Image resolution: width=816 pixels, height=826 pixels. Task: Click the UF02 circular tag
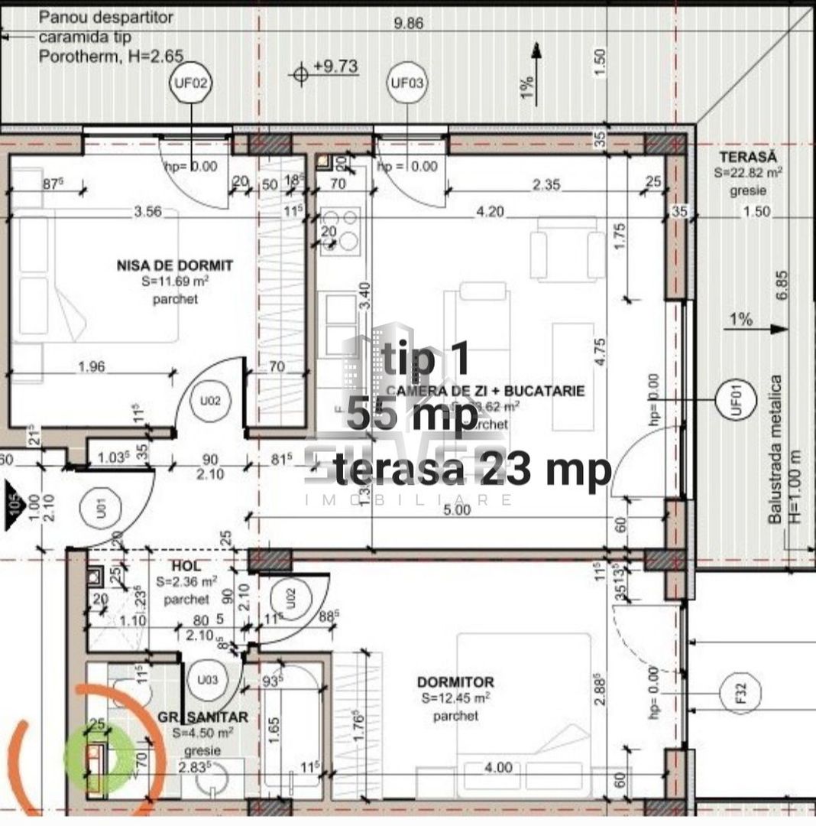click(189, 84)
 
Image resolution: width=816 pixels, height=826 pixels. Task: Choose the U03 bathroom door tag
click(208, 678)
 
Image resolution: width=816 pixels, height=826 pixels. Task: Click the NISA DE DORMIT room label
click(175, 266)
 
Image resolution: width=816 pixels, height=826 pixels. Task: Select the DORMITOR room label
click(455, 681)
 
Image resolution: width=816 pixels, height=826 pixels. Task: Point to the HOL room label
click(186, 566)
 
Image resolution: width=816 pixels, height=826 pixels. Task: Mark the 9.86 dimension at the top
click(407, 23)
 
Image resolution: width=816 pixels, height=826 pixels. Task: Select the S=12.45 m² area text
click(455, 698)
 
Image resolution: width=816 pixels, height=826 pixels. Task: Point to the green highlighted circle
click(97, 756)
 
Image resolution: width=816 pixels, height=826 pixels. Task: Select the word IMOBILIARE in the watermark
click(408, 499)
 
